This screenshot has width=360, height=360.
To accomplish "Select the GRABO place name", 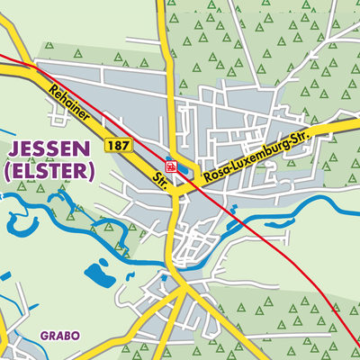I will pyautogui.click(x=59, y=336).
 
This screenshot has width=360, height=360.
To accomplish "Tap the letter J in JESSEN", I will pyautogui.click(x=13, y=148).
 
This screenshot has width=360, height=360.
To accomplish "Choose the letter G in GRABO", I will pyautogui.click(x=44, y=336).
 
